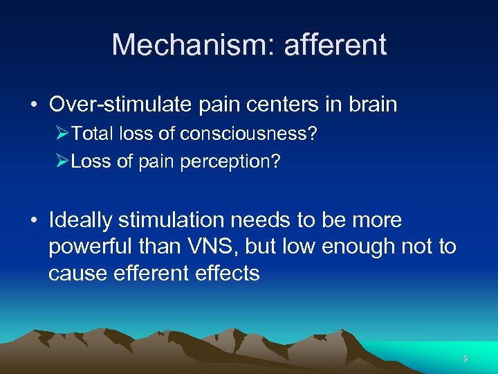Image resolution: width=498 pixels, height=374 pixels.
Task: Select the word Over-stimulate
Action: tap(116, 105)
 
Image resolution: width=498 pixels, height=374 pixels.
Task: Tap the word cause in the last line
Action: tap(73, 274)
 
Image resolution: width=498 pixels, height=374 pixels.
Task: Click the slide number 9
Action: tap(465, 359)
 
